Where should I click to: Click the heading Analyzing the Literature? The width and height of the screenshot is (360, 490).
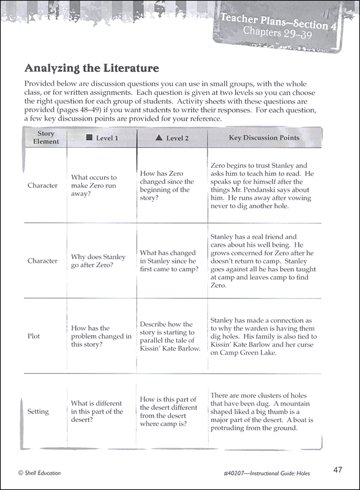point(91,67)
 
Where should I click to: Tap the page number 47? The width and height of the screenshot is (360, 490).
point(337,470)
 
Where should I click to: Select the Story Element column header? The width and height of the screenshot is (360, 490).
point(46,137)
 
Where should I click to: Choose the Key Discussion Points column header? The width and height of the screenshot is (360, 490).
point(264,138)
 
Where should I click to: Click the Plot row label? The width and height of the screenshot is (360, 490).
point(35,336)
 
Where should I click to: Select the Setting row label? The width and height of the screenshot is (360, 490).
point(38,412)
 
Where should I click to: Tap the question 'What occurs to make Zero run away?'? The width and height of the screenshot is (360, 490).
point(94,186)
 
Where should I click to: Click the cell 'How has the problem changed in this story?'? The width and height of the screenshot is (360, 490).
point(101,336)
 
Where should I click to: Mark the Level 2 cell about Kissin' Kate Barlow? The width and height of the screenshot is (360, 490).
point(170,336)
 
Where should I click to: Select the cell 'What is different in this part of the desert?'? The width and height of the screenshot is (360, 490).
point(97,412)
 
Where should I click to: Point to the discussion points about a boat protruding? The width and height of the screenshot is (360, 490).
point(261,412)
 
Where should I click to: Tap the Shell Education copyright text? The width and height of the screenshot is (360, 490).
point(40,472)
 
